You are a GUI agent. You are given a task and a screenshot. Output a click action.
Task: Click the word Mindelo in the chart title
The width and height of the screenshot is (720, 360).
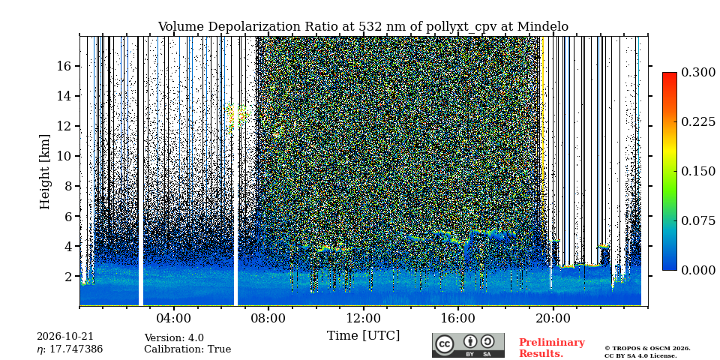(543, 27)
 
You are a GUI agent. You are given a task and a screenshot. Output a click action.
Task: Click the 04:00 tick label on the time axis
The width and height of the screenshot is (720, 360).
(173, 319)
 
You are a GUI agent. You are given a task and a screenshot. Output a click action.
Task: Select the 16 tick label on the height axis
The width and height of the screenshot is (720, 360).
(62, 66)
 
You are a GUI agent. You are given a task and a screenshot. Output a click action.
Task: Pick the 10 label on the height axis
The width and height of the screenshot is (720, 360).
(62, 156)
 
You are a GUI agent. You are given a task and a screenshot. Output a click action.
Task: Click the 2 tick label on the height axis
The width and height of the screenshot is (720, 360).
(66, 277)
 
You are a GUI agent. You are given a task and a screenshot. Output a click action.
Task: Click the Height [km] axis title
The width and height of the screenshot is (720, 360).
(44, 172)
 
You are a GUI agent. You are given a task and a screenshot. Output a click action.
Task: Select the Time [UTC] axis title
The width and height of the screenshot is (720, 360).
(363, 336)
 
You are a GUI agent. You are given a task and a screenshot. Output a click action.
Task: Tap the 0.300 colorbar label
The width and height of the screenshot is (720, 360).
(698, 73)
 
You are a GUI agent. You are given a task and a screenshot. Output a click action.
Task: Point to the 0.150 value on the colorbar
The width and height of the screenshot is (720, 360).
(698, 171)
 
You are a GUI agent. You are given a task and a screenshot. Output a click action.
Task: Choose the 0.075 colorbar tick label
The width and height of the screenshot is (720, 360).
(698, 220)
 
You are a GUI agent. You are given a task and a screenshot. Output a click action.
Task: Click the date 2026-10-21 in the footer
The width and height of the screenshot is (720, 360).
(64, 337)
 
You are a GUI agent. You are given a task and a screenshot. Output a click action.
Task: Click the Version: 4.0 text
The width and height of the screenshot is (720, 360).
(174, 338)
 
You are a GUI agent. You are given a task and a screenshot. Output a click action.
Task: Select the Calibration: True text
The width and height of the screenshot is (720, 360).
(187, 349)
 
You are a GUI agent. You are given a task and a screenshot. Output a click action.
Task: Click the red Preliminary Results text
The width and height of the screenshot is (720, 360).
(551, 348)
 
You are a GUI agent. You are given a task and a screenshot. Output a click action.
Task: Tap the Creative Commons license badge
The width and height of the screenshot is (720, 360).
(468, 345)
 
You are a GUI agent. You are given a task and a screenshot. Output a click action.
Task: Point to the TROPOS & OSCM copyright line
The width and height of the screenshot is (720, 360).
(647, 349)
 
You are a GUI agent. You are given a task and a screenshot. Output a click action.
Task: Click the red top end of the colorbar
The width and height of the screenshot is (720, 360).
(670, 74)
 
